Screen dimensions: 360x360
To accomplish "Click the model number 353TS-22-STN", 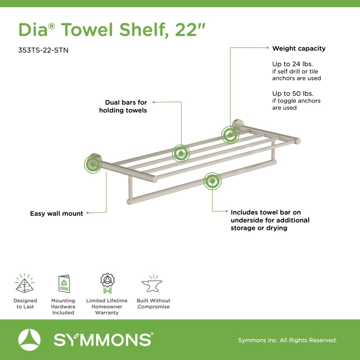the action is (x=43, y=50).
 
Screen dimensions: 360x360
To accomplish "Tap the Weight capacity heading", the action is (x=299, y=48).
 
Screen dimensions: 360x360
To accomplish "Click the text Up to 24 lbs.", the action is (x=292, y=64).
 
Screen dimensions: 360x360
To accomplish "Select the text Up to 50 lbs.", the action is (x=293, y=94).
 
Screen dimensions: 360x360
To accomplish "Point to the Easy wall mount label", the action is (x=56, y=214).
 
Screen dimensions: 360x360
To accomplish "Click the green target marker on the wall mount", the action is (x=93, y=164).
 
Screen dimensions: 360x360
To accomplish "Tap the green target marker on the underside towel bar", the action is (x=212, y=181).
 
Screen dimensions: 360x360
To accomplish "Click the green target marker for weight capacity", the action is (x=230, y=135).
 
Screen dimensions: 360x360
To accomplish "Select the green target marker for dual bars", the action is (x=181, y=153).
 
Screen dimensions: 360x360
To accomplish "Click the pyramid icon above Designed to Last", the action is (x=24, y=283).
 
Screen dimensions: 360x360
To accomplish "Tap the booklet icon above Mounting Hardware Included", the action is (x=64, y=284).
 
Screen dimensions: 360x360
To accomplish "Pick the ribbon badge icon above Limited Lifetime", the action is (x=108, y=283).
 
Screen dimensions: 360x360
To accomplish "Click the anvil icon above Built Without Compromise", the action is (x=152, y=284).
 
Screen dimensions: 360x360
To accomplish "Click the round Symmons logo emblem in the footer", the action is (x=29, y=340).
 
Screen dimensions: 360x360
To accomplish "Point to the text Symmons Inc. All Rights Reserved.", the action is (x=288, y=340).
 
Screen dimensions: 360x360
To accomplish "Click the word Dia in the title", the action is (x=33, y=30).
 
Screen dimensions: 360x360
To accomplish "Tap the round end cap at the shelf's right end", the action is (x=298, y=141).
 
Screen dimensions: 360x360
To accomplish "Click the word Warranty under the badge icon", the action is (x=107, y=312).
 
